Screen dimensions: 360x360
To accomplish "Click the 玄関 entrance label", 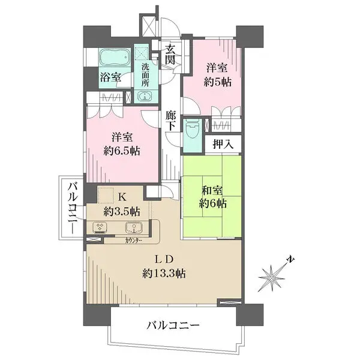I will [x=170, y=55].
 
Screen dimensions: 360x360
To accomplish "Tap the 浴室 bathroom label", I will [x=110, y=77].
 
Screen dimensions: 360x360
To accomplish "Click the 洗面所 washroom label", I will [x=146, y=75].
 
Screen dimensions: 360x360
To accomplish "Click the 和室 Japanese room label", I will [x=213, y=190].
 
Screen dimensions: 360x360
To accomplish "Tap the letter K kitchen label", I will [x=121, y=197].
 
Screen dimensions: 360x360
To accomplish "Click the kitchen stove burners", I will [x=99, y=227].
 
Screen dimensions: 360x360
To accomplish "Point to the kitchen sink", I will [x=133, y=227].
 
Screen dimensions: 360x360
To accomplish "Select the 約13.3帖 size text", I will [x=163, y=274].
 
